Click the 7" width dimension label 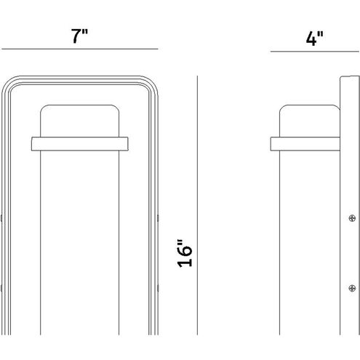[79, 36]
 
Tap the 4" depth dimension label [315, 39]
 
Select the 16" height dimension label [185, 254]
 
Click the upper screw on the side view [352, 218]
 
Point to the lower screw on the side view [352, 288]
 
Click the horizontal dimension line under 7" [80, 49]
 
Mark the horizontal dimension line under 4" [315, 52]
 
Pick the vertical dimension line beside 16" [197, 205]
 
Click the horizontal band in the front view [80, 144]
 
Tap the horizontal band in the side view [305, 144]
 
